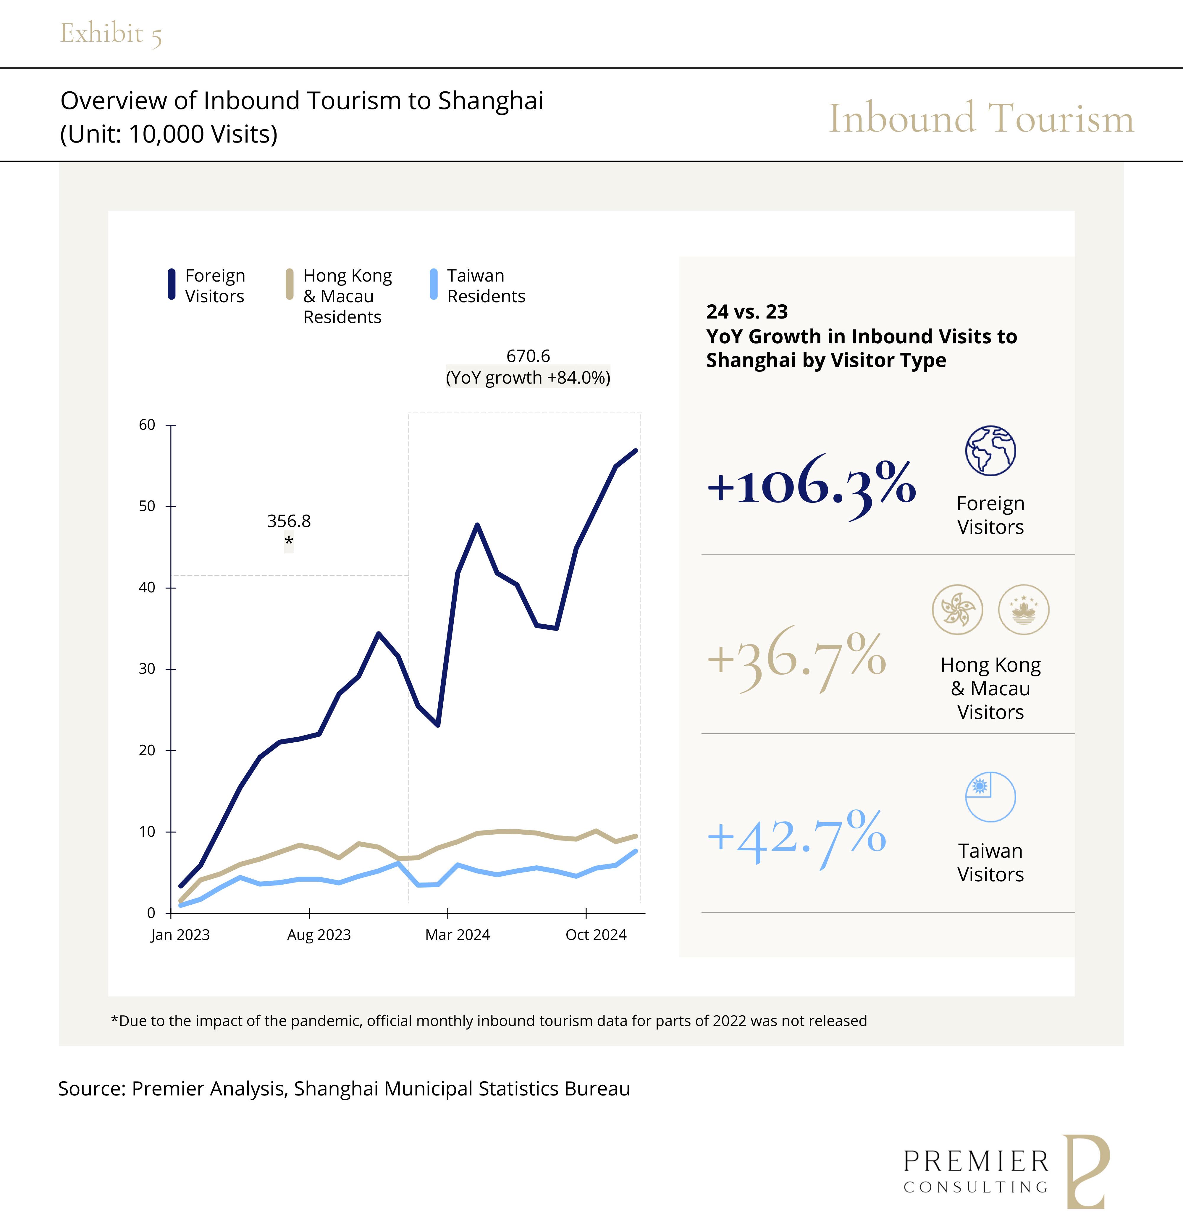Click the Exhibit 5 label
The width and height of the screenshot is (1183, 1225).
pyautogui.click(x=111, y=34)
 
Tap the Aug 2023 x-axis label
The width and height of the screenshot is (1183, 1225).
pyautogui.click(x=319, y=935)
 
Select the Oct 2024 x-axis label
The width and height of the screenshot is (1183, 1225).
pyautogui.click(x=596, y=935)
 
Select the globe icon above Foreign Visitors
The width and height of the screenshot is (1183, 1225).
pyautogui.click(x=990, y=451)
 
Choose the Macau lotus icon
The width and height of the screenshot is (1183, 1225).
pyautogui.click(x=1024, y=609)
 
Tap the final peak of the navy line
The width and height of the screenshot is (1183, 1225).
pyautogui.click(x=636, y=451)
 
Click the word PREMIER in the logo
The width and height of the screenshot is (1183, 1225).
pyautogui.click(x=975, y=1162)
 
